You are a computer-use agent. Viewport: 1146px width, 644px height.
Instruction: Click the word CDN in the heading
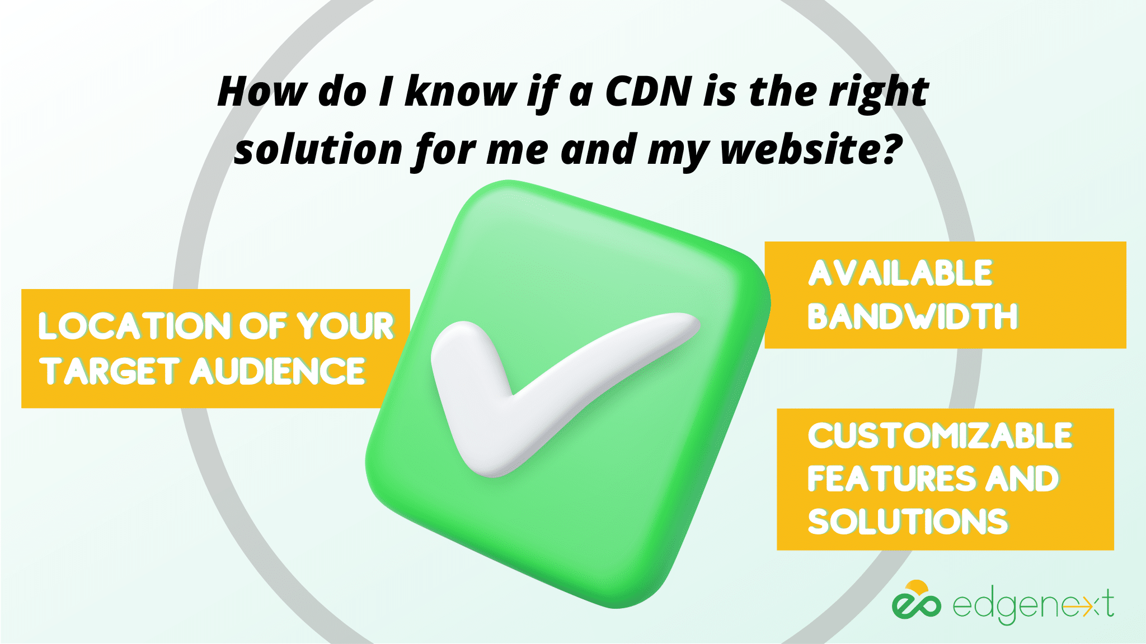[x=649, y=91]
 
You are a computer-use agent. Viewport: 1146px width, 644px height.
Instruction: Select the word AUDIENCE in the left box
[x=278, y=371]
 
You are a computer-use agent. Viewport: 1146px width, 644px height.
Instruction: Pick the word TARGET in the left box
[x=109, y=371]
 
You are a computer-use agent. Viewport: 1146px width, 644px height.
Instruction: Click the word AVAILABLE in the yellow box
[x=900, y=273]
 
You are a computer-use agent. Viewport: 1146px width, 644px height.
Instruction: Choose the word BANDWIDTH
[x=913, y=316]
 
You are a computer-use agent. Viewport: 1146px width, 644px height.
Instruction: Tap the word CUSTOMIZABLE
[x=940, y=435]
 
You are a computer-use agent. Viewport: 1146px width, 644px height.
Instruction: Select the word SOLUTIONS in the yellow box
[x=908, y=522]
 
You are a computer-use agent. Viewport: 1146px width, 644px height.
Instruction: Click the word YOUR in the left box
[x=345, y=326]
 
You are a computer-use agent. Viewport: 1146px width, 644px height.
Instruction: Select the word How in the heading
[x=262, y=91]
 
